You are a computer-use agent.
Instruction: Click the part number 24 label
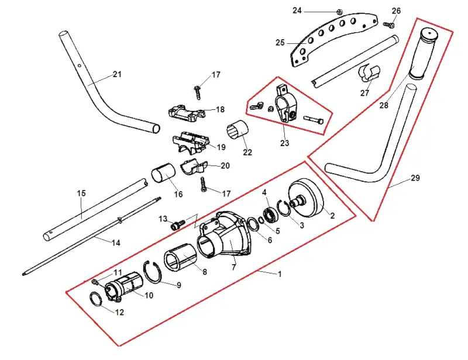(x=297, y=11)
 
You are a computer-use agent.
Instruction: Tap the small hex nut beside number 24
(x=339, y=12)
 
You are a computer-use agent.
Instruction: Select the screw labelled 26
(x=388, y=25)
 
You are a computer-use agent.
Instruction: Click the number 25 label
(x=280, y=43)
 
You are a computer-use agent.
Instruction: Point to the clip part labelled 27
(x=369, y=73)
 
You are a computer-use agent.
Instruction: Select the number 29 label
(x=415, y=178)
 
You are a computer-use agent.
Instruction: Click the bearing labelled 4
(x=271, y=215)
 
